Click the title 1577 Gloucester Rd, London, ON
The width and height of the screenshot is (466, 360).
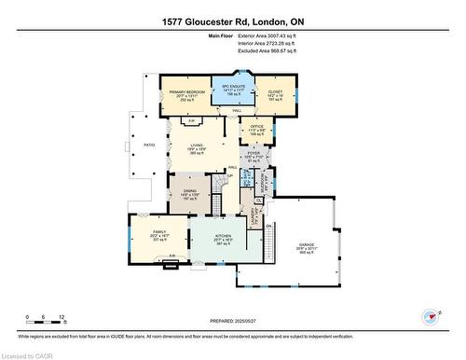click(x=232, y=21)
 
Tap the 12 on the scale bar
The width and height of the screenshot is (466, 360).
click(x=61, y=318)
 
